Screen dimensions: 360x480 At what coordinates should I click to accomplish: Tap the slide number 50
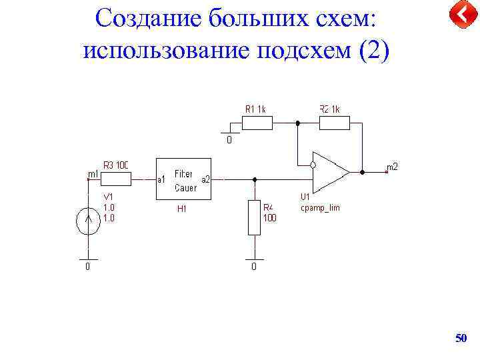tap(461, 339)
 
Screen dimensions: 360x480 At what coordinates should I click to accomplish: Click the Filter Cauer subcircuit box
tap(183, 179)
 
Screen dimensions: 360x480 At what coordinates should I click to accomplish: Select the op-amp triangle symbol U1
tap(330, 171)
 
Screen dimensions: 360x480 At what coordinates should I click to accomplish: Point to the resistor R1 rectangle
tap(257, 123)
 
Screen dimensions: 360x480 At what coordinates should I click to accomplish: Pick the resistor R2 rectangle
tap(335, 123)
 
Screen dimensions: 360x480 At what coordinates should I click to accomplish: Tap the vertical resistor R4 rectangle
tap(254, 217)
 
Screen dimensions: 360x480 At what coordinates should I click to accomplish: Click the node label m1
tap(93, 174)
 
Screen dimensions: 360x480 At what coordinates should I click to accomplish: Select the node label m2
tap(392, 167)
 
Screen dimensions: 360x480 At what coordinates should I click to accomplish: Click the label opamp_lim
tap(320, 208)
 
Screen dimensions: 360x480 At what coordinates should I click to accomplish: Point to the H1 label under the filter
tap(181, 209)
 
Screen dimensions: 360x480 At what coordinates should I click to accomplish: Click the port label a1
tap(161, 179)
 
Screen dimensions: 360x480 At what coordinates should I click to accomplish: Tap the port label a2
tap(205, 179)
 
